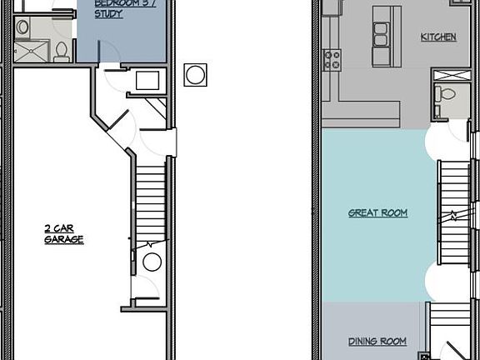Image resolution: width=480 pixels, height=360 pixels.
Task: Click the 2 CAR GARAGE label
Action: (x=63, y=233)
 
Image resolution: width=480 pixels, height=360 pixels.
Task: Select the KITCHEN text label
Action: (x=438, y=37)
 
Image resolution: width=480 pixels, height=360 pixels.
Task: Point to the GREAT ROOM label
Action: (x=377, y=213)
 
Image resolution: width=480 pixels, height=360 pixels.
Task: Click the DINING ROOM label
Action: (x=377, y=342)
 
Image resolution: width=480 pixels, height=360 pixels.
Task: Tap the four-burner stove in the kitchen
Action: (x=332, y=59)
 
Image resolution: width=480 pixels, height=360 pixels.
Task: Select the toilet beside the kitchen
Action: (x=447, y=93)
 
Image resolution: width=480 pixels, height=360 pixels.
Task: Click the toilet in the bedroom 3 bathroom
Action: (x=61, y=51)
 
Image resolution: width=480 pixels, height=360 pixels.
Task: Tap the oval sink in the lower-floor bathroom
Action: (x=23, y=27)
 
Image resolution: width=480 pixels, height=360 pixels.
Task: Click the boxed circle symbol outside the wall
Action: (x=195, y=74)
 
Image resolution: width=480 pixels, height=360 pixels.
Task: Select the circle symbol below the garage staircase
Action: (x=152, y=262)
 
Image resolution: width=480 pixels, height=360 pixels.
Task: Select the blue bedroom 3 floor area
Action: (x=125, y=37)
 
